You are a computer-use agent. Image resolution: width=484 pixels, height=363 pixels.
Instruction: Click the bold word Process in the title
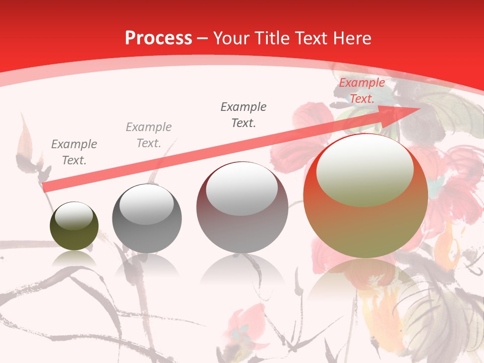[x=158, y=38]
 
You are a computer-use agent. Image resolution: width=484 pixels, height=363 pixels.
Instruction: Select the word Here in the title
[x=351, y=38]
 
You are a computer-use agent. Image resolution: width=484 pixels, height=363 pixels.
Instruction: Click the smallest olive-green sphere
[x=74, y=226]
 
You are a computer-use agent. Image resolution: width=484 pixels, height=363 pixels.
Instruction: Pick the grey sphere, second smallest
[x=147, y=219]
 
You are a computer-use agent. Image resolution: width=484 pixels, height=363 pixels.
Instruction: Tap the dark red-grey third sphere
[x=242, y=207]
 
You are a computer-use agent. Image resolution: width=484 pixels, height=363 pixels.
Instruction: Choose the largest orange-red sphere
[x=366, y=196]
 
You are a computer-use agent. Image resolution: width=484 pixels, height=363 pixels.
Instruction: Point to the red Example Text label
[x=361, y=91]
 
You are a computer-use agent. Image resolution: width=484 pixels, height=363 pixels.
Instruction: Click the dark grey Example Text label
[x=244, y=114]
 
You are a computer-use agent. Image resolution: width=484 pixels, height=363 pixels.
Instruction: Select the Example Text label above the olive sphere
[x=74, y=152]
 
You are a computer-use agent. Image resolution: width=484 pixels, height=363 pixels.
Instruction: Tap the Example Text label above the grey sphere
[x=149, y=135]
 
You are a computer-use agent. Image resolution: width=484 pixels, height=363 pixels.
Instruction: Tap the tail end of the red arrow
[x=45, y=188]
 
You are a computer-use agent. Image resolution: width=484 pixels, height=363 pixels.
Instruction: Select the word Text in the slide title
[x=310, y=38]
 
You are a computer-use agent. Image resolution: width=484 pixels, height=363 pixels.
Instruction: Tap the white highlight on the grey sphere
[x=146, y=204]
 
